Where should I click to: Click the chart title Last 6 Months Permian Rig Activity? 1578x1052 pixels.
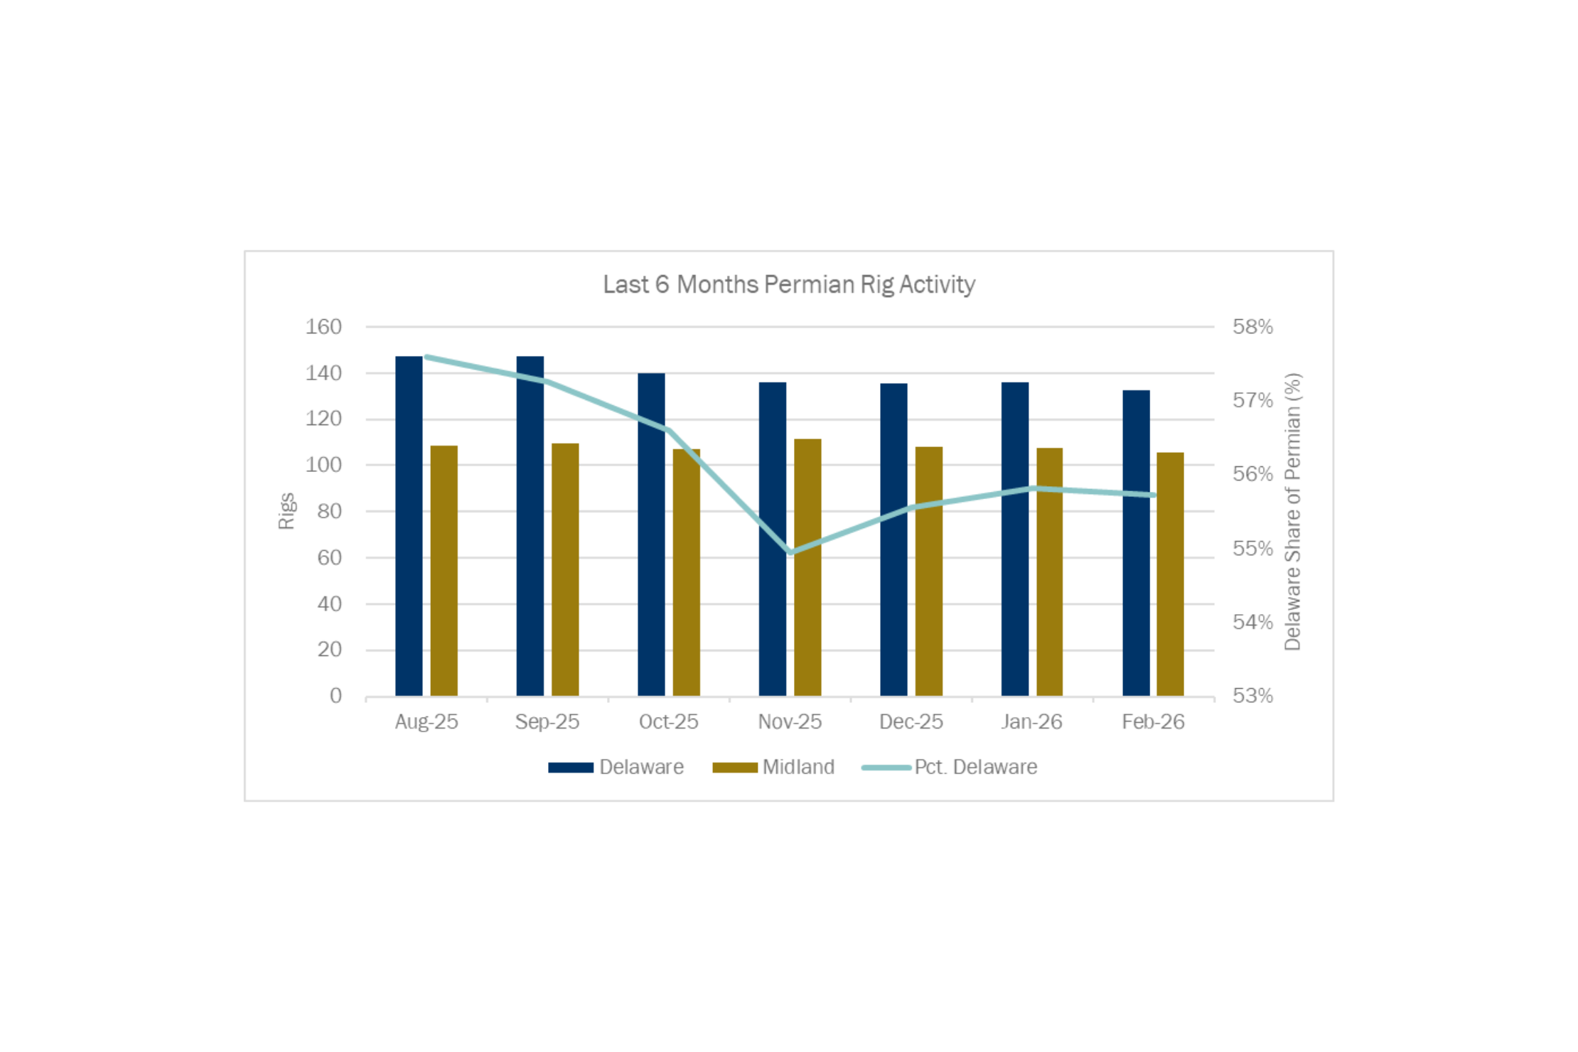[x=789, y=284]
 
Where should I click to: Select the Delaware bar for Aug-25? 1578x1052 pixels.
[x=409, y=526]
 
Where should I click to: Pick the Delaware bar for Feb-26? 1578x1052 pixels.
[x=1136, y=543]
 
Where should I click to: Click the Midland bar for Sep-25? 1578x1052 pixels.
[x=565, y=569]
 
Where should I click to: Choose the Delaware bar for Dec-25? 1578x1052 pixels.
[x=893, y=540]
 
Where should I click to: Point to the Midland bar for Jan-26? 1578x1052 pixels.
[x=1049, y=571]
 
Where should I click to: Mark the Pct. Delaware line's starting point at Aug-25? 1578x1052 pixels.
[x=426, y=357]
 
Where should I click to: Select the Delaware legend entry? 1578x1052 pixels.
[x=616, y=767]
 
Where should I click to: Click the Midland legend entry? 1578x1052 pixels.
[x=774, y=767]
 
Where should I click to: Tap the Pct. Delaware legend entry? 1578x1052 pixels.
[x=950, y=767]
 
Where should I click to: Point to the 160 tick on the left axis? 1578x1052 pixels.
[x=323, y=327]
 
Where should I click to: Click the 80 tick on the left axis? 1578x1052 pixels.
[x=329, y=511]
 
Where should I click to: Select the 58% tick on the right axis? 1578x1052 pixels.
[x=1252, y=327]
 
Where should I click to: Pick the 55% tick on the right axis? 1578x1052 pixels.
[x=1252, y=548]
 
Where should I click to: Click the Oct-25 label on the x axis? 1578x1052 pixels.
[x=668, y=721]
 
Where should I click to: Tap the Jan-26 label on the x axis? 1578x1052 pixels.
[x=1031, y=721]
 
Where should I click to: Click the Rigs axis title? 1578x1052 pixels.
[x=286, y=511]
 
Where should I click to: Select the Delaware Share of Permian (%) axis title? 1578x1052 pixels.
[x=1292, y=511]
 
